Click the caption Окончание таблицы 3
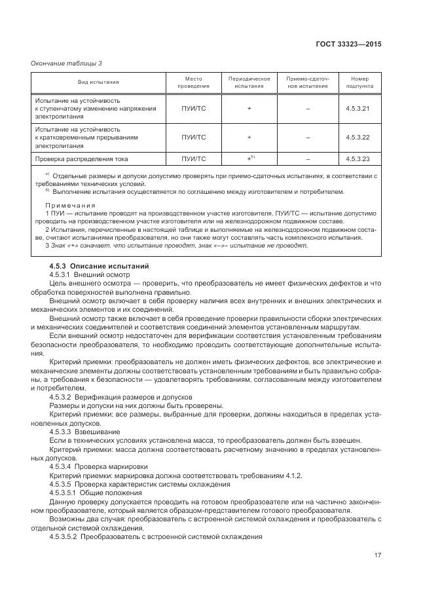point(67,63)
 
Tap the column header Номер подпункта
point(360,82)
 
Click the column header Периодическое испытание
point(249,82)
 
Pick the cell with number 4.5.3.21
point(358,107)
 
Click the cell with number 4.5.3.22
point(358,137)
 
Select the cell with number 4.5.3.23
point(358,159)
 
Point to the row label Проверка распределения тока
point(81,159)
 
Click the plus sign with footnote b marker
point(249,159)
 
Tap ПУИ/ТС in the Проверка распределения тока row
point(194,159)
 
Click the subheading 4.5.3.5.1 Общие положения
point(96,491)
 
